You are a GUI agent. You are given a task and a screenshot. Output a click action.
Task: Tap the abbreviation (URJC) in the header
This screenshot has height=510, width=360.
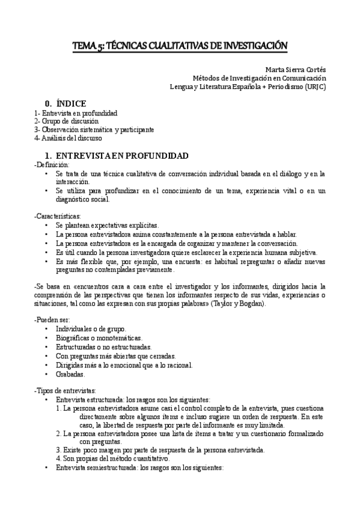314,86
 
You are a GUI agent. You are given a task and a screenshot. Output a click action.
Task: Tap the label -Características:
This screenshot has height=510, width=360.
58,215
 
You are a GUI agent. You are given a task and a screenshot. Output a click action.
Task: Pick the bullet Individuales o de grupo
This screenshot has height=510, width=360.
91,330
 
